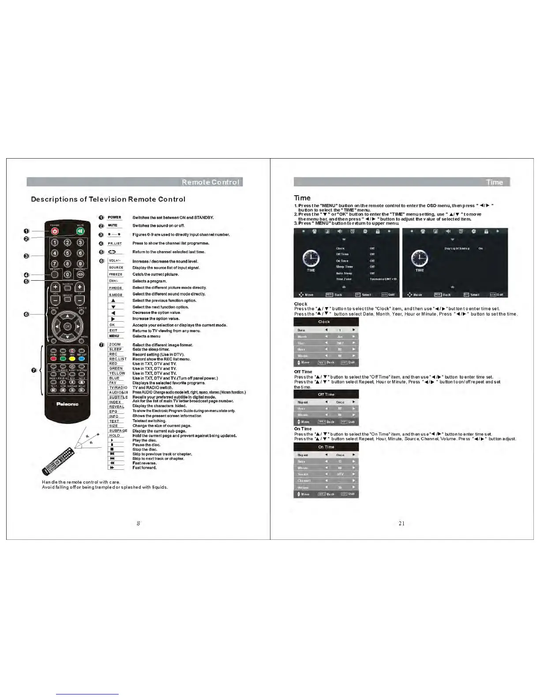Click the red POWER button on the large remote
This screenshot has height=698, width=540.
click(55, 231)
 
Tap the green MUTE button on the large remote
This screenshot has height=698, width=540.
click(80, 231)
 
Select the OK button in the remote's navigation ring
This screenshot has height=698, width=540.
click(67, 327)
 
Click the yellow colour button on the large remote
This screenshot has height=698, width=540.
click(72, 359)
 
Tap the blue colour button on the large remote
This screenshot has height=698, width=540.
click(82, 359)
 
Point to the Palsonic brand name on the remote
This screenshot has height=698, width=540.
click(67, 404)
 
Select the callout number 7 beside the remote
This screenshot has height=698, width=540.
click(34, 370)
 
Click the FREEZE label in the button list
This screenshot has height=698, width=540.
click(116, 274)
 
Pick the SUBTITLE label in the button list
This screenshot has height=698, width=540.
click(118, 397)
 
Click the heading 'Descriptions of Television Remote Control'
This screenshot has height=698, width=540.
click(108, 199)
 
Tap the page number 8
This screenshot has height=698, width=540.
click(138, 523)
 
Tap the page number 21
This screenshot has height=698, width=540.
click(401, 523)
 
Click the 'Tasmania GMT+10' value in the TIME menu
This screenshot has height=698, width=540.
click(383, 279)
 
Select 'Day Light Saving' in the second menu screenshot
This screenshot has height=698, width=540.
click(457, 249)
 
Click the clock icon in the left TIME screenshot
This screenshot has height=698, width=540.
click(311, 258)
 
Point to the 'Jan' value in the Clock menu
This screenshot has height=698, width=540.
click(340, 337)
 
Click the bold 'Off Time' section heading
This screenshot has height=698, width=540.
click(303, 371)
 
